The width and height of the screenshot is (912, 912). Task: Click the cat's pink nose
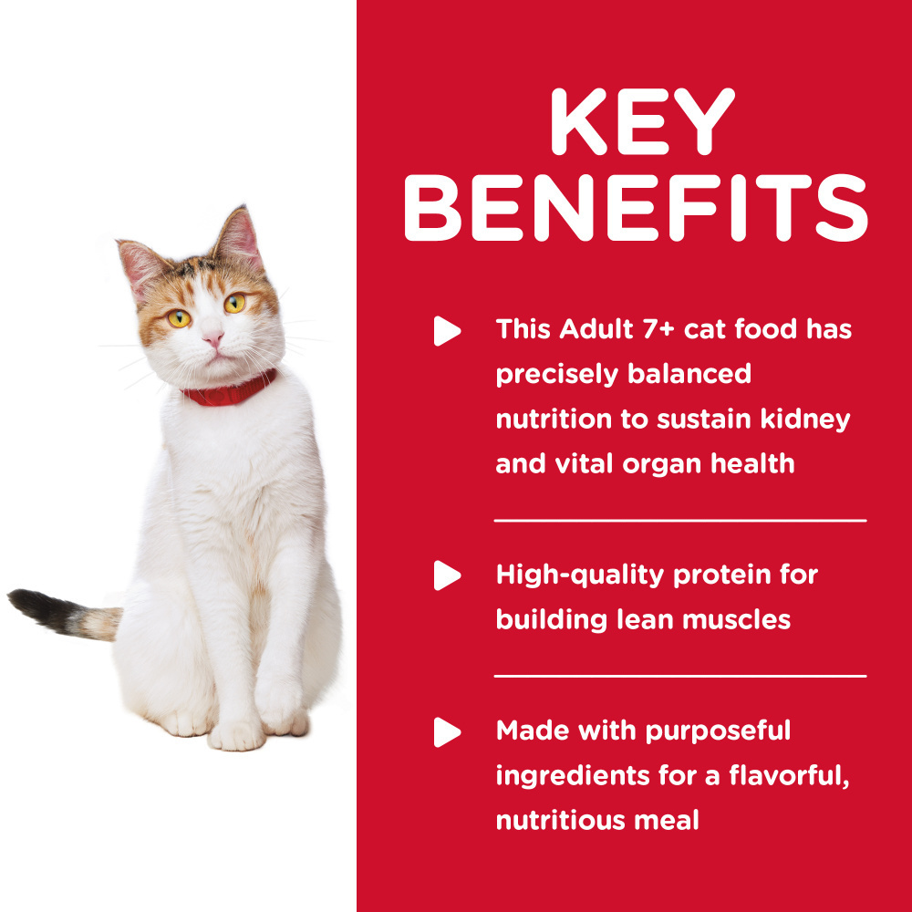pyautogui.click(x=212, y=339)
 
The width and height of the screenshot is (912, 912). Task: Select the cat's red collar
pyautogui.click(x=229, y=394)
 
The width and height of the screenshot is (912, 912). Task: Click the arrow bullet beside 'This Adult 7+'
pyautogui.click(x=446, y=330)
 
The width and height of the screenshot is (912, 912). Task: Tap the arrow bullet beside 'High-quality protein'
pyautogui.click(x=446, y=575)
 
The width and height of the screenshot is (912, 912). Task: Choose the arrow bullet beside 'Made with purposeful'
pyautogui.click(x=446, y=731)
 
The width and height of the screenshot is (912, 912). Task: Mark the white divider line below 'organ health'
pyautogui.click(x=680, y=521)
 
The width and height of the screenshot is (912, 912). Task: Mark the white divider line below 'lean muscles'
pyautogui.click(x=680, y=677)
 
